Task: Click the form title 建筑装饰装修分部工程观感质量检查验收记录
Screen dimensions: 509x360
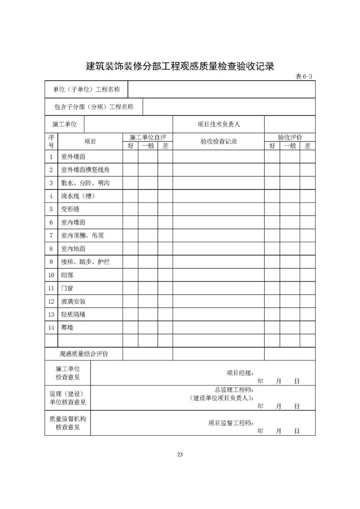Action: click(180, 66)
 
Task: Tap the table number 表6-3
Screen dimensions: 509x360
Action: click(304, 77)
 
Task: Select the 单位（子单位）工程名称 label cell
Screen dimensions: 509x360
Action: click(86, 89)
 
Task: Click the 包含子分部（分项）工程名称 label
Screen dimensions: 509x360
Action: click(94, 107)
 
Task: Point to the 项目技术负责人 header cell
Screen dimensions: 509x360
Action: click(218, 124)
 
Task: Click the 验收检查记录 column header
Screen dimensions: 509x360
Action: click(218, 141)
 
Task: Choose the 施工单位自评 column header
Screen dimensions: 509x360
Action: click(148, 137)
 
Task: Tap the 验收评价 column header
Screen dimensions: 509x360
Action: click(290, 137)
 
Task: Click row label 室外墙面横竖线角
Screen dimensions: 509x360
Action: click(85, 170)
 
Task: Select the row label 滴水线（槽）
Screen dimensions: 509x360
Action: click(78, 196)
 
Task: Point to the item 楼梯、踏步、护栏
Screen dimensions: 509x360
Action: click(85, 262)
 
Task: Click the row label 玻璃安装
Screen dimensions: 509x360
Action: click(73, 301)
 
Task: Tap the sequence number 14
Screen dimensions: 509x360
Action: click(51, 328)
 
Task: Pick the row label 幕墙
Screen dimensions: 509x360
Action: click(67, 328)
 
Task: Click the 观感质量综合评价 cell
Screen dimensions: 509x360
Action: click(84, 354)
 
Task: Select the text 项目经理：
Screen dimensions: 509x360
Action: click(240, 373)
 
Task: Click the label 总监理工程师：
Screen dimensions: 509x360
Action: click(234, 390)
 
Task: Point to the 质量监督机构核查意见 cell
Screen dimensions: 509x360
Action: click(68, 423)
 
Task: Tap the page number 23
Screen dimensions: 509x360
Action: click(180, 455)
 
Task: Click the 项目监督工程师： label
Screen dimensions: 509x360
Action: click(231, 423)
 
